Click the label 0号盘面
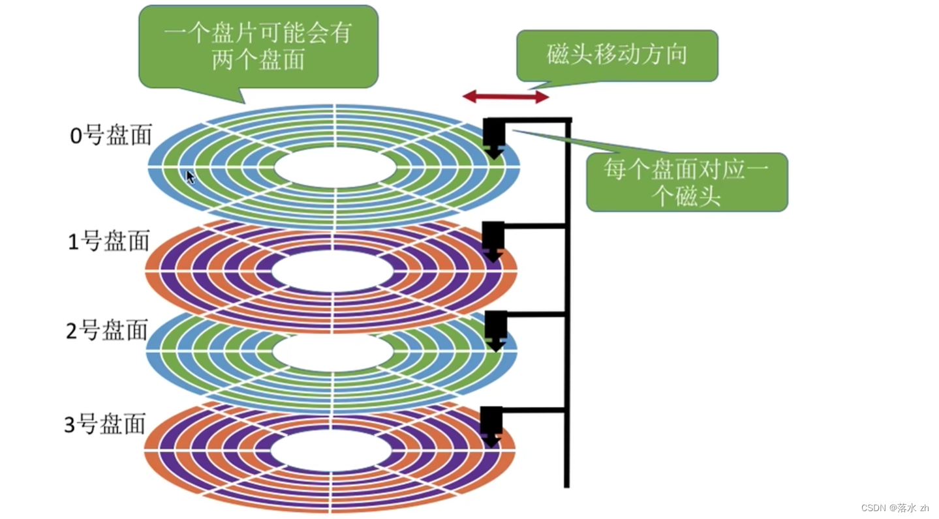[111, 135]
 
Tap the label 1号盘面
[109, 241]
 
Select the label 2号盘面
[108, 331]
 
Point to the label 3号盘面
[105, 425]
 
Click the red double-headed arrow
[506, 97]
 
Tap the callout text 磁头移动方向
[617, 55]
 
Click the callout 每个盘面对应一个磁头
[686, 182]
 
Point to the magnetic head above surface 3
[491, 424]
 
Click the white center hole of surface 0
[335, 168]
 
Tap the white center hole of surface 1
[333, 271]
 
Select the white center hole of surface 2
[333, 352]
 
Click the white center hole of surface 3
[331, 451]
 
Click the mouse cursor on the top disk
[190, 177]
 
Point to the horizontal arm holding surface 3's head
[534, 410]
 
